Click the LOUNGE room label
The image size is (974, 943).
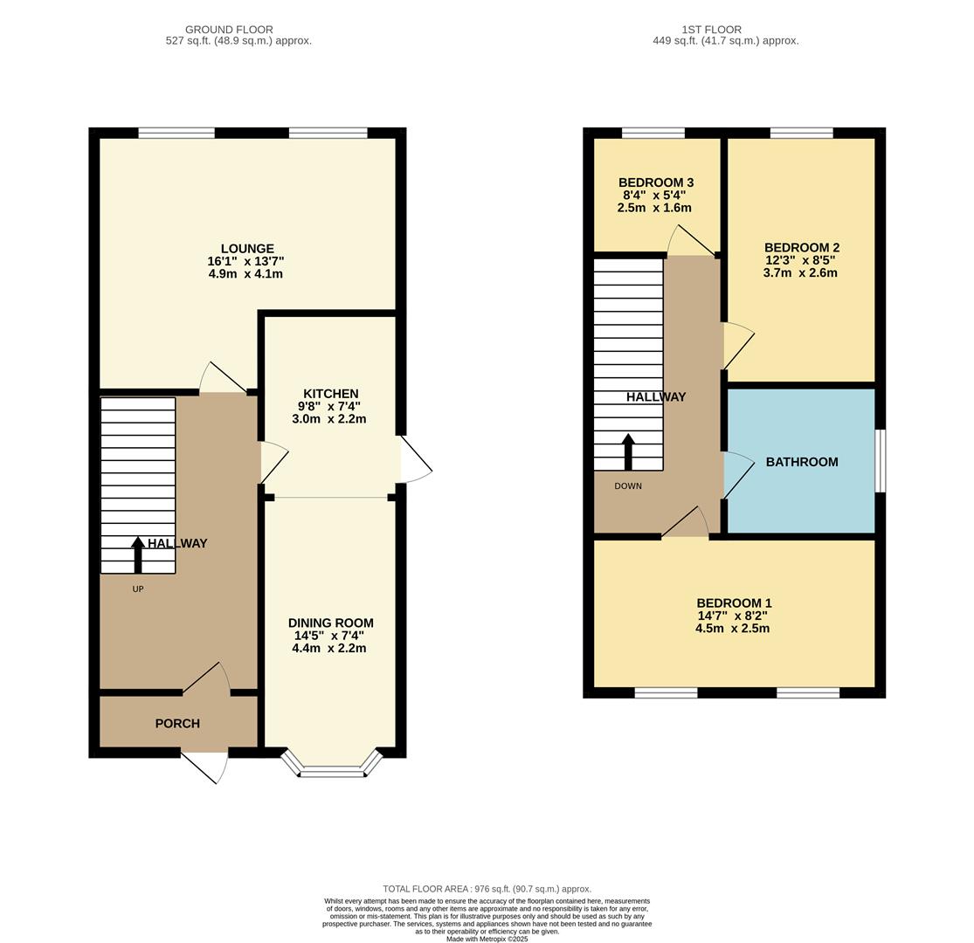click(x=246, y=249)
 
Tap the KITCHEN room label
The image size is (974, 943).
click(x=330, y=394)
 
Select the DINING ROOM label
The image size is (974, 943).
click(x=330, y=623)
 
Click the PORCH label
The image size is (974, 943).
click(x=177, y=723)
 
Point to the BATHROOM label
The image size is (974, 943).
click(x=801, y=462)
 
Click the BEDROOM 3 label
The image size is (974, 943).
click(x=655, y=182)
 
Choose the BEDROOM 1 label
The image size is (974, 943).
click(x=734, y=603)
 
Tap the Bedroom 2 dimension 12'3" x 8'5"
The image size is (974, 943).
click(x=800, y=260)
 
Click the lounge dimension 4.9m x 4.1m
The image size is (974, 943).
click(x=245, y=274)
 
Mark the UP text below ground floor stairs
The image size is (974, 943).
click(x=138, y=589)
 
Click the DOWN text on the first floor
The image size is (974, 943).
click(x=627, y=486)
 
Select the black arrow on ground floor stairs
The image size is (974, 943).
click(x=138, y=554)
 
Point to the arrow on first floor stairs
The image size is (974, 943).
click(x=628, y=451)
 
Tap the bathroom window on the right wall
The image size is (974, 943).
click(x=881, y=460)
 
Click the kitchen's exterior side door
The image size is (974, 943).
click(x=416, y=459)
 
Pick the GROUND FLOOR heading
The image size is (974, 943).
click(x=229, y=30)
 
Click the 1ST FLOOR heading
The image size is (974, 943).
click(x=711, y=30)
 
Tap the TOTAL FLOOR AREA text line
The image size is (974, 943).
click(x=487, y=889)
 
